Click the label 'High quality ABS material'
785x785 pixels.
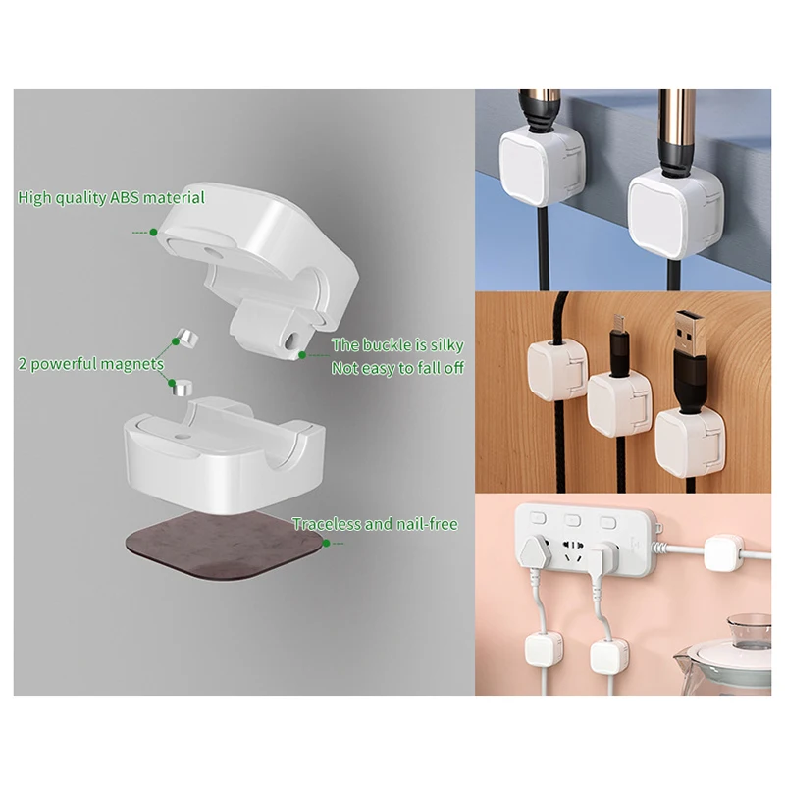(111, 198)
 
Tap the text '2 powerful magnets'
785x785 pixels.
(90, 364)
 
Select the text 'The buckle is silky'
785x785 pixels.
(396, 345)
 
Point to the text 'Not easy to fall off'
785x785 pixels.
(397, 368)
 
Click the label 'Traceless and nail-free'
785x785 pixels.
(375, 524)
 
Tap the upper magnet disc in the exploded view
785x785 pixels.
(183, 338)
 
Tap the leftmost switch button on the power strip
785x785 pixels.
(537, 517)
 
